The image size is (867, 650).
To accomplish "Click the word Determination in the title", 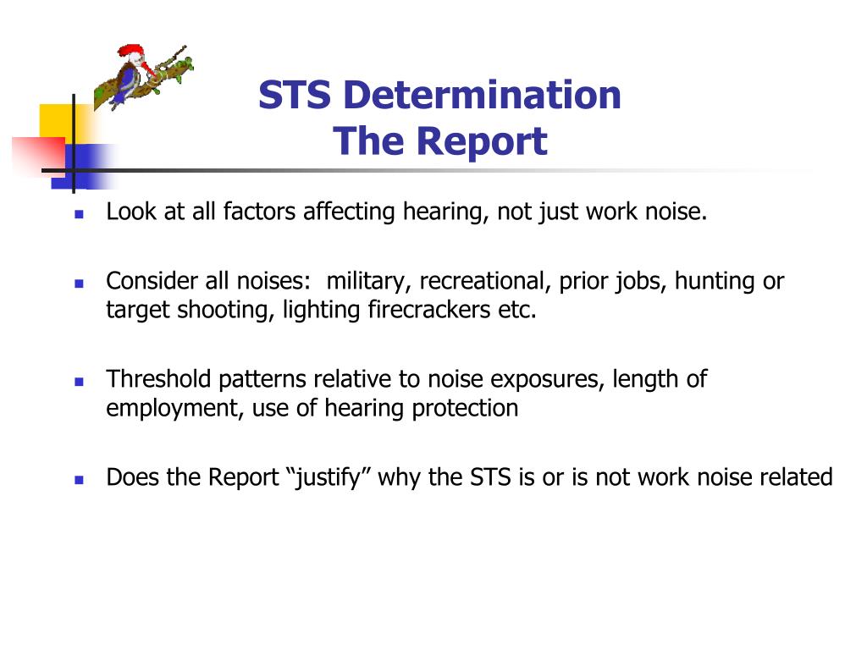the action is pos(482,95).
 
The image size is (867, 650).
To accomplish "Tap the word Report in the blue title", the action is pos(482,141).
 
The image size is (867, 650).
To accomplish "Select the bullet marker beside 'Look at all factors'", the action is pos(79,214).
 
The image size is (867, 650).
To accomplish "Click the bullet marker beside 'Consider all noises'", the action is pos(79,284).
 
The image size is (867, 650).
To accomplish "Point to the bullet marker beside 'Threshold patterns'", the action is pos(79,382).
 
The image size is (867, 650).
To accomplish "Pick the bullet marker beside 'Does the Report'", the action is pos(79,480).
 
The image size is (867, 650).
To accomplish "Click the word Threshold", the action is pos(159,379).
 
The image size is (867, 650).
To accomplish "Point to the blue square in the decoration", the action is pos(83,166).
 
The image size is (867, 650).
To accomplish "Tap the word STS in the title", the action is pos(294,95).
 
